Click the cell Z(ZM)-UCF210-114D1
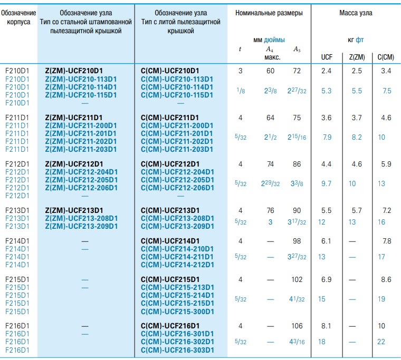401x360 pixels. click(81, 87)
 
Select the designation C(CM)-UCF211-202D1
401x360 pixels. click(177, 141)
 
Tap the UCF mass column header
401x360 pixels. click(327, 57)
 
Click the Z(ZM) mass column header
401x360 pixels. click(357, 57)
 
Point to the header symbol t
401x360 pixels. click(240, 49)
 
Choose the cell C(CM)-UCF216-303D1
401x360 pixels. click(177, 350)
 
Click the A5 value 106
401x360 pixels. click(297, 326)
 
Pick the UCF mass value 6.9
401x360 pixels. click(326, 279)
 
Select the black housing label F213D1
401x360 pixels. click(17, 210)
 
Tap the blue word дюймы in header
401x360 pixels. click(274, 40)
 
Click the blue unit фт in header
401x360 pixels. click(359, 40)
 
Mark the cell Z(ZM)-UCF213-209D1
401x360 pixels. click(81, 226)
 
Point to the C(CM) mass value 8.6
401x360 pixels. click(386, 279)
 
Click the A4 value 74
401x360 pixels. click(270, 164)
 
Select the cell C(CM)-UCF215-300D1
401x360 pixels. click(177, 312)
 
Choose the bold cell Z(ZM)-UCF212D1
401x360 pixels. click(74, 164)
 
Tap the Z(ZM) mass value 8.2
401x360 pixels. click(357, 137)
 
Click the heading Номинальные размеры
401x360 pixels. click(269, 13)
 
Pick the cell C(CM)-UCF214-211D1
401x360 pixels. click(177, 257)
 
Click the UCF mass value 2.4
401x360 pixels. click(326, 71)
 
